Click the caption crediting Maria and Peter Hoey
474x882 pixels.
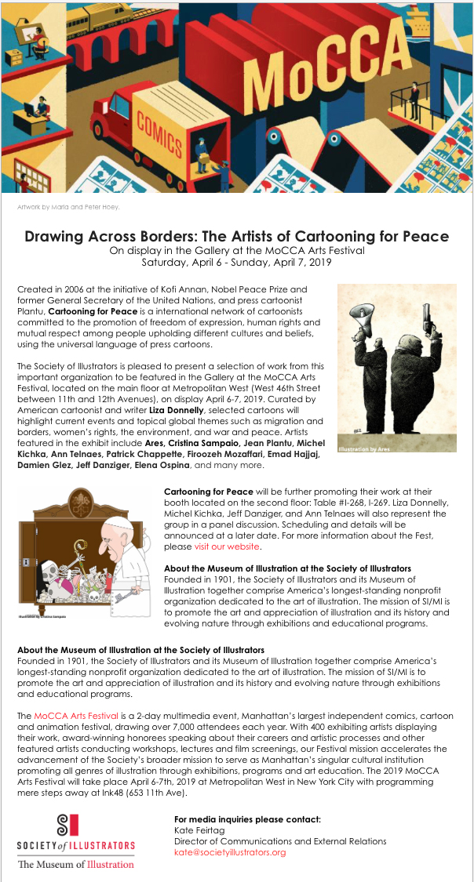tap(68, 207)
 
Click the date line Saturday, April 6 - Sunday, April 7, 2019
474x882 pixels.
tap(236, 263)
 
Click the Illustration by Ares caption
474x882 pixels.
tap(363, 449)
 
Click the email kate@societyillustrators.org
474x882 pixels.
tap(229, 851)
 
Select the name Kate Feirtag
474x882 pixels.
tap(199, 830)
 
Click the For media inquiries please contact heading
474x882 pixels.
tap(247, 819)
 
